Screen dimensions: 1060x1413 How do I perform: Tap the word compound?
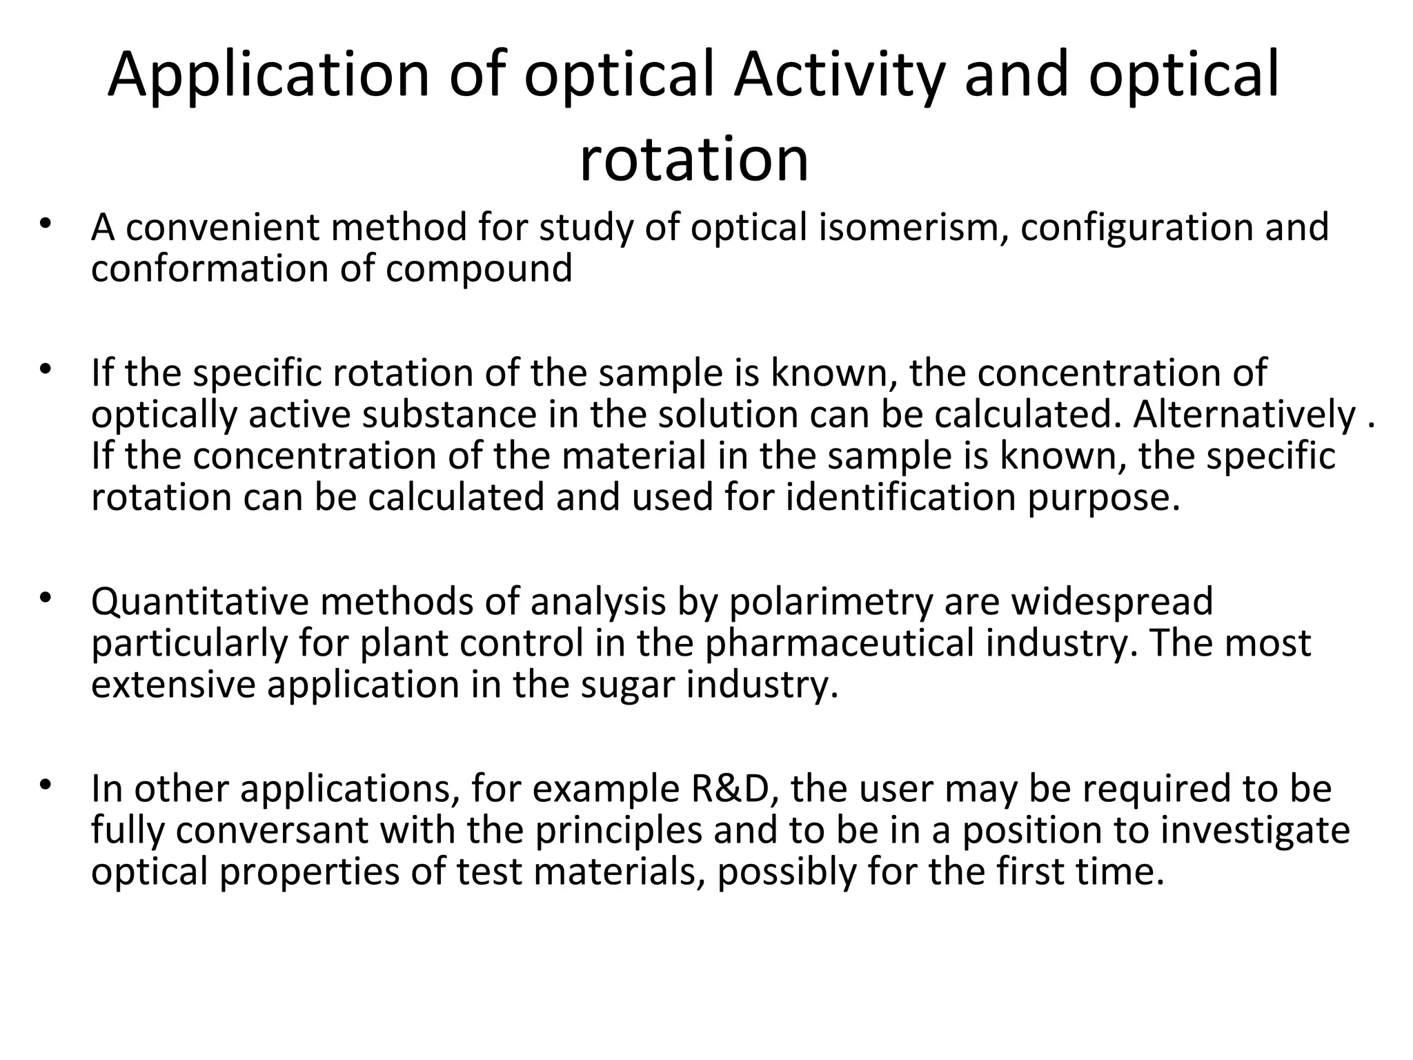479,268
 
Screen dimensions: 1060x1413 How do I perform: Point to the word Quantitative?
199,602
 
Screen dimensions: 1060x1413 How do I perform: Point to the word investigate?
1255,830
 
